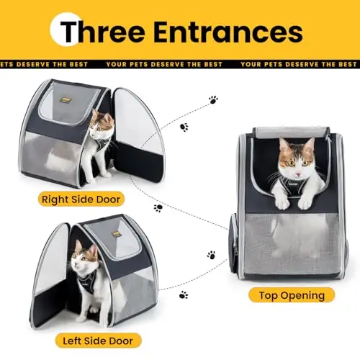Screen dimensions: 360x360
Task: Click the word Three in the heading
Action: coord(102,32)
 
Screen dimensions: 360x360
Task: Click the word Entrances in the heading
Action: coord(228,32)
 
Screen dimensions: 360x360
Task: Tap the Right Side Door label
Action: coord(81,199)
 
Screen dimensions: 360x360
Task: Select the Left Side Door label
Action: coord(98,341)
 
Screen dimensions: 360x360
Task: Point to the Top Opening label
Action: coord(292,295)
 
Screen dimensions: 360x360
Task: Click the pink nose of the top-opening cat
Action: coord(298,174)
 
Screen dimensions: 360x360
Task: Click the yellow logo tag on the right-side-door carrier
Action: coord(64,100)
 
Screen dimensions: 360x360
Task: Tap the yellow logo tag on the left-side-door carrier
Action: coord(117,234)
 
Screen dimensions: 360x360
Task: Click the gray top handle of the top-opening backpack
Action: coord(291,132)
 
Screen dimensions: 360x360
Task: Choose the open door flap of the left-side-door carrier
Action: coord(49,276)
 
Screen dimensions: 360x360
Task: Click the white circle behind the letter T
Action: coord(66,29)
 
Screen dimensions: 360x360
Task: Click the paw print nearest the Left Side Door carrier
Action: coord(184,294)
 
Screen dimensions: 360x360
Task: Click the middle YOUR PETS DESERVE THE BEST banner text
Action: coord(164,64)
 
